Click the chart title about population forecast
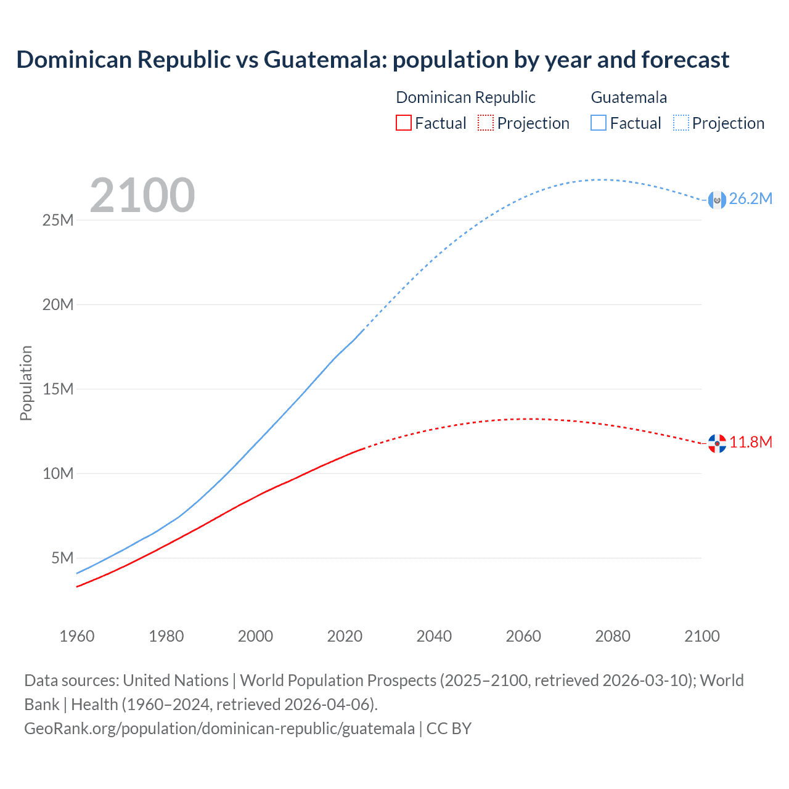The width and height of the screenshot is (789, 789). tap(372, 60)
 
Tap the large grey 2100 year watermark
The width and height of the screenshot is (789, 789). tap(142, 195)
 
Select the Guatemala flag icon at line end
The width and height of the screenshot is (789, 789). tap(717, 200)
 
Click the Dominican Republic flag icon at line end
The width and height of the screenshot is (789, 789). tap(717, 443)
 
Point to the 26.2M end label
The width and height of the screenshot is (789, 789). tap(750, 198)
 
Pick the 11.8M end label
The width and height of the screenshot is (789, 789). tap(751, 442)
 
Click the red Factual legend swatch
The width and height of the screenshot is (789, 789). tap(404, 123)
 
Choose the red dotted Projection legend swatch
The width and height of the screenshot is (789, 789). tap(486, 123)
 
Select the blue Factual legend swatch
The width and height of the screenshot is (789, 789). tap(599, 123)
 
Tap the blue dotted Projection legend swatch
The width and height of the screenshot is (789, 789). tap(681, 123)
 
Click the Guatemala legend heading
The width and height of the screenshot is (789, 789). tap(629, 97)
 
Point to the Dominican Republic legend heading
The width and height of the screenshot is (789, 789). tap(465, 97)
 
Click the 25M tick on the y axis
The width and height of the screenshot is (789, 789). tap(58, 220)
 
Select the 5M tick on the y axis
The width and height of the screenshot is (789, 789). tap(62, 558)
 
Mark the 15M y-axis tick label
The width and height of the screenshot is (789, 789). tap(58, 389)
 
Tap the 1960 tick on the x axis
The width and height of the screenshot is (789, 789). tap(77, 636)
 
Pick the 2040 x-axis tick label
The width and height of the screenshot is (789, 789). tap(434, 636)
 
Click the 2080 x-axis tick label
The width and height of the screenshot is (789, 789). tap(613, 636)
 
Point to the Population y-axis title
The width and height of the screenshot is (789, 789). tap(26, 383)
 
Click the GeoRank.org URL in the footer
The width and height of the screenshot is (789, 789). tap(219, 729)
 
